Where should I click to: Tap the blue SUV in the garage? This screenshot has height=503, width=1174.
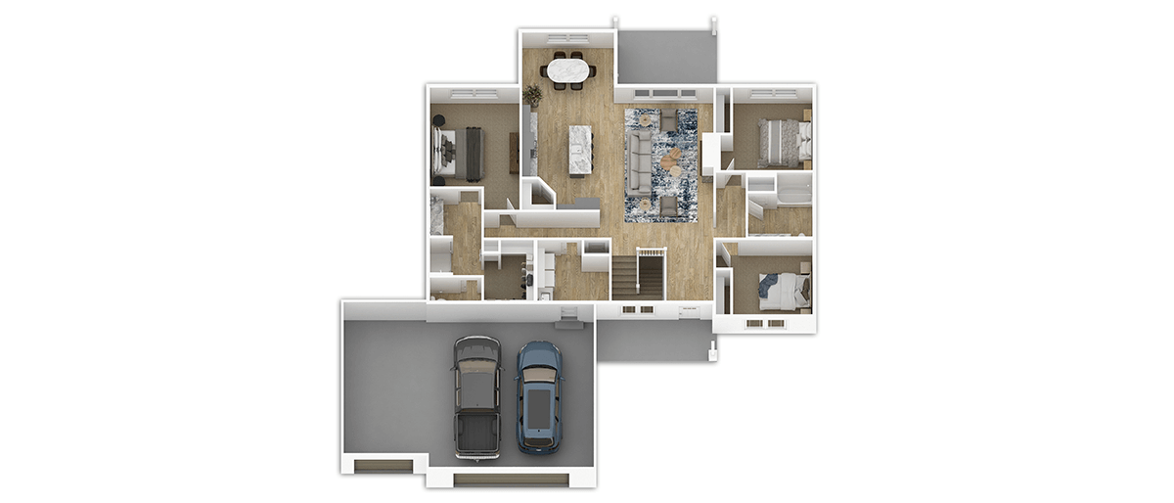539,397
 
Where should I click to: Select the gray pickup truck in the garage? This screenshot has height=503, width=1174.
476,396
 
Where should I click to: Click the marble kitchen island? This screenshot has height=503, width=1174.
579,150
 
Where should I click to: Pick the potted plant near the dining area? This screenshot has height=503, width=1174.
532,95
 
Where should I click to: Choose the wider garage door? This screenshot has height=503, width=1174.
512,479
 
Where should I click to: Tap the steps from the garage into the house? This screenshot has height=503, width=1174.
567,312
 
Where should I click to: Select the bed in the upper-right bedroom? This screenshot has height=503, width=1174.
784,139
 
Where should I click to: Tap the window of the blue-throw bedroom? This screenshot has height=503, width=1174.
764,321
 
